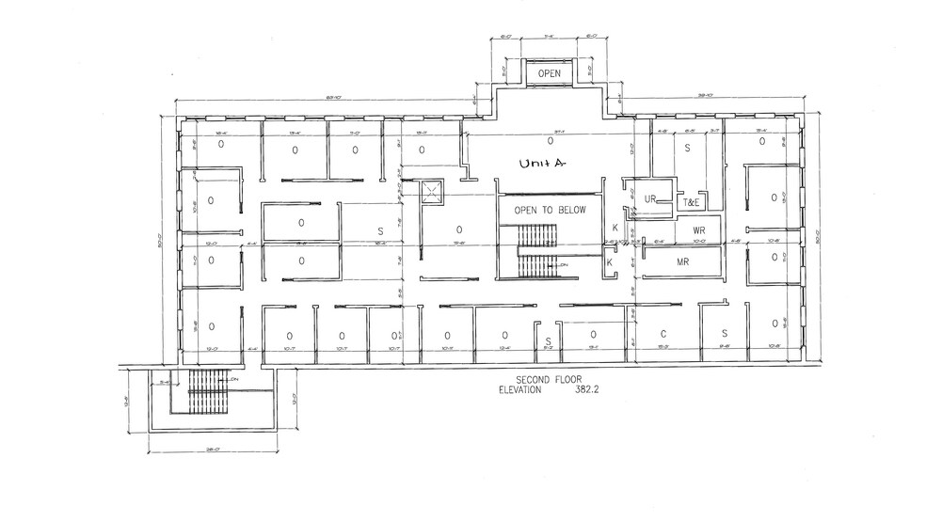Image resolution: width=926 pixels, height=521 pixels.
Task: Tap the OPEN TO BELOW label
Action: tap(550, 210)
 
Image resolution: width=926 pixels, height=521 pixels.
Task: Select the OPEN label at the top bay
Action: tap(550, 73)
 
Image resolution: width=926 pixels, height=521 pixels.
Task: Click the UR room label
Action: tap(649, 198)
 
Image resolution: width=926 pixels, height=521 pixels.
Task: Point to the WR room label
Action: tap(698, 230)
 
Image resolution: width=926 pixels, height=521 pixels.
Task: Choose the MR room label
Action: tap(683, 262)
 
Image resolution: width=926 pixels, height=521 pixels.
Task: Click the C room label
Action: tap(663, 334)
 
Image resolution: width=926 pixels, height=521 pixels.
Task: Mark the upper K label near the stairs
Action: tap(615, 229)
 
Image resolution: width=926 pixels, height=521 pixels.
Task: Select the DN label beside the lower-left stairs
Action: tap(231, 379)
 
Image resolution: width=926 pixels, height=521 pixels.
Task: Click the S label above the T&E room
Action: tap(687, 149)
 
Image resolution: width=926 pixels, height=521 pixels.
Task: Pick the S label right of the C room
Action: tap(725, 334)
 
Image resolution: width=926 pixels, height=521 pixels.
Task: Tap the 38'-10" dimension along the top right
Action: tap(703, 95)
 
